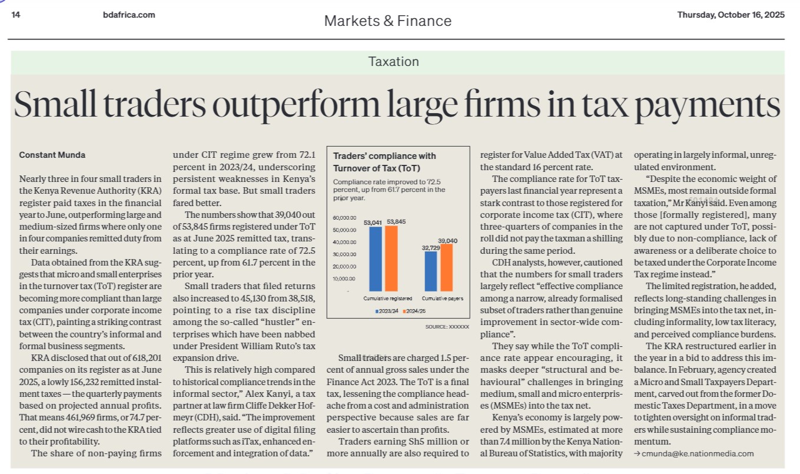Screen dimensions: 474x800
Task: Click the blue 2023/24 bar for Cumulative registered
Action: (375, 258)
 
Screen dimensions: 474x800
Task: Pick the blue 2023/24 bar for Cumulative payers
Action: (431, 271)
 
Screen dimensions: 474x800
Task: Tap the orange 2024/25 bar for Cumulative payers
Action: (446, 267)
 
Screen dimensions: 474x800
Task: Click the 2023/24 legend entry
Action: (387, 311)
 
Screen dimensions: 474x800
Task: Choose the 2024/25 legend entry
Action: (415, 311)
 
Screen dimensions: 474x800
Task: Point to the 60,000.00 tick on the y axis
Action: (344, 218)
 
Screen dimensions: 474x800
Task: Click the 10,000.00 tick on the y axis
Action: (344, 279)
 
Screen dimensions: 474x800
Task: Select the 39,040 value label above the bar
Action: (447, 241)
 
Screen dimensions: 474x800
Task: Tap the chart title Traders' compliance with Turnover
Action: (384, 161)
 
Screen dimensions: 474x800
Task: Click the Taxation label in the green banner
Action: (394, 62)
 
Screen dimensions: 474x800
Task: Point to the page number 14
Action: (16, 15)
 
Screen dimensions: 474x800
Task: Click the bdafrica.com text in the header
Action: (128, 15)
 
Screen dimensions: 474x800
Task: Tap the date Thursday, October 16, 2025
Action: (731, 15)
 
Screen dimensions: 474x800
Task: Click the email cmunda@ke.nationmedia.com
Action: (697, 453)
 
